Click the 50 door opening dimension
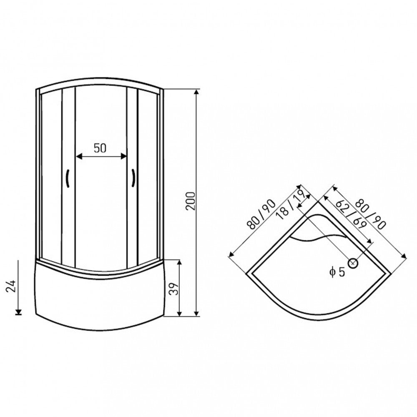[100, 148]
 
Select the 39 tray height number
[174, 288]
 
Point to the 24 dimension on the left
[11, 286]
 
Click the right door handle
[133, 178]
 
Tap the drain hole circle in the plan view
[353, 263]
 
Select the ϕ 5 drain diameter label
[337, 272]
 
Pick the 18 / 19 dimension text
[290, 205]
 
